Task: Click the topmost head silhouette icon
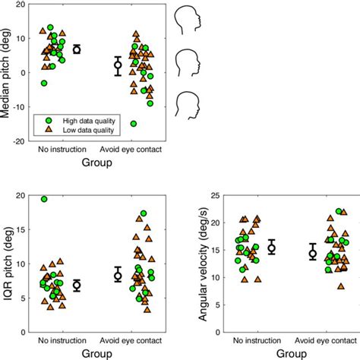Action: [187, 17]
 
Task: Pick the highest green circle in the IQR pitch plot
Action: [44, 199]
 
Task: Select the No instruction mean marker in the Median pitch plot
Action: [76, 49]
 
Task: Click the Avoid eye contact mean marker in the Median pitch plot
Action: [118, 65]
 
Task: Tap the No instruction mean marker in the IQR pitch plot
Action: [76, 286]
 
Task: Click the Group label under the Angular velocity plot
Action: [292, 353]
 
